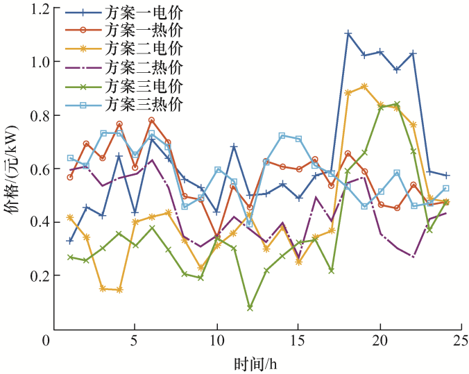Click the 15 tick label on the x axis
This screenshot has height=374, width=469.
(x=298, y=341)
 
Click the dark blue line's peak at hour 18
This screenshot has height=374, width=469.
(x=348, y=33)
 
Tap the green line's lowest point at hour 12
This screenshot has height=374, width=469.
(x=250, y=307)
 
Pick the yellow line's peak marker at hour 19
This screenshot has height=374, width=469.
(x=364, y=87)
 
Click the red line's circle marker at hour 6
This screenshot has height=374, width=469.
(x=151, y=120)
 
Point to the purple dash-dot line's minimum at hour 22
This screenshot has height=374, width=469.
(x=413, y=257)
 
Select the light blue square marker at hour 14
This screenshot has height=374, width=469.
(x=282, y=136)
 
